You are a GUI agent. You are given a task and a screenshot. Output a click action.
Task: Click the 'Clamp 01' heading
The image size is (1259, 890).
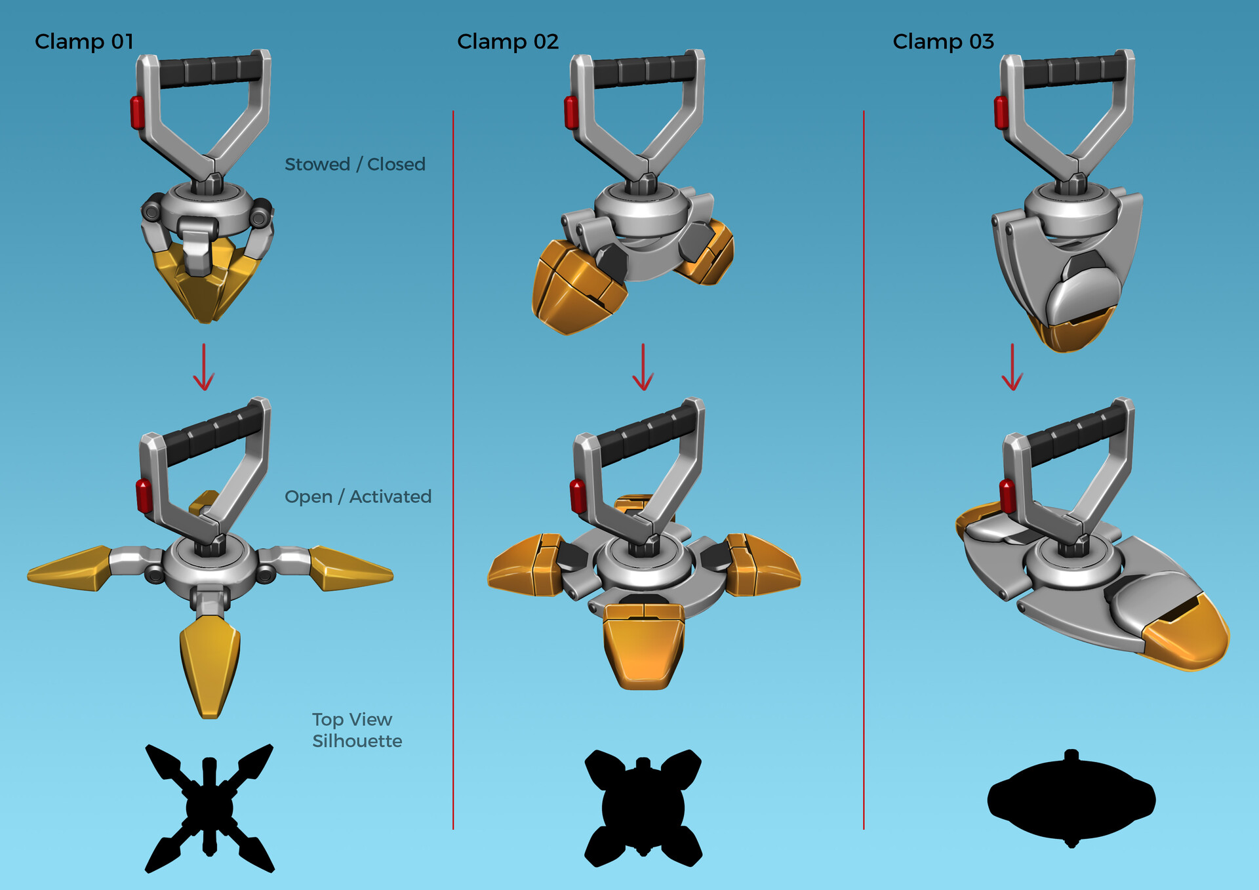(x=84, y=42)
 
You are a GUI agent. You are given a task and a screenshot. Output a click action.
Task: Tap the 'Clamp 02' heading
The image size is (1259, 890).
(x=508, y=42)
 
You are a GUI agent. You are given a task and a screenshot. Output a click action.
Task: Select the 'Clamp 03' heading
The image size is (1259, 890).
(x=943, y=42)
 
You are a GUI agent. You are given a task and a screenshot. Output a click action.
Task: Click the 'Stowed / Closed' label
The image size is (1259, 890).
(x=355, y=164)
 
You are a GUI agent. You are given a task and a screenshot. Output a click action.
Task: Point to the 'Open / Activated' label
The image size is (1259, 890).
(x=358, y=496)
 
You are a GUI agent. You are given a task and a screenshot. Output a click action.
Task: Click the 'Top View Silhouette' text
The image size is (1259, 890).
(x=357, y=730)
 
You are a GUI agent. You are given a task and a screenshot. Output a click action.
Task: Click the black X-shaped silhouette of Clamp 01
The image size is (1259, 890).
(x=209, y=808)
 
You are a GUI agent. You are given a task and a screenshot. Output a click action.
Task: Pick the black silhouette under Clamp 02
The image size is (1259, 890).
(x=643, y=808)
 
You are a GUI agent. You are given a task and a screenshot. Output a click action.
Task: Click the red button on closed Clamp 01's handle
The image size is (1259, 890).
(x=137, y=112)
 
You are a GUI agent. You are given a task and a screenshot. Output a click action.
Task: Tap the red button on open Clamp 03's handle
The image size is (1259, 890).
(x=1007, y=495)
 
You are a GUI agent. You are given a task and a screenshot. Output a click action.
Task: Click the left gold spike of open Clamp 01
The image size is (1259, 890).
(x=69, y=568)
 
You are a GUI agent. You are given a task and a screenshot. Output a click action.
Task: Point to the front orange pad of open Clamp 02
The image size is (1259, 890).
(x=643, y=649)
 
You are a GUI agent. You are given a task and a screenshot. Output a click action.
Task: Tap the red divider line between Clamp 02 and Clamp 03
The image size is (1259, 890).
(x=864, y=459)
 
